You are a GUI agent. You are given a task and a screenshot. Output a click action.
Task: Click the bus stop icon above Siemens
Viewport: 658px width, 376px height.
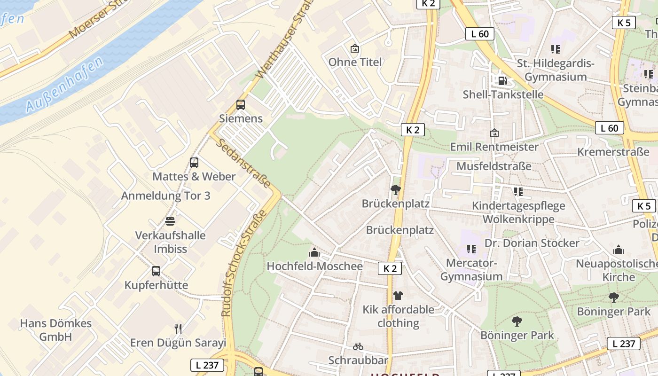[241, 105]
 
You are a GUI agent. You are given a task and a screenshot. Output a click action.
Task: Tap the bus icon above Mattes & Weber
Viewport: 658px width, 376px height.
[194, 163]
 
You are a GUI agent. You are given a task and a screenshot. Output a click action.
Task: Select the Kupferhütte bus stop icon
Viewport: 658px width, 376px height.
[156, 271]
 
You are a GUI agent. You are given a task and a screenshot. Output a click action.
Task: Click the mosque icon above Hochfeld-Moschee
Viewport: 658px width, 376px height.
[314, 253]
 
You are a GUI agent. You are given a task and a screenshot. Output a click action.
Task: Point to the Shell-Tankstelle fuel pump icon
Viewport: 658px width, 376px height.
[502, 80]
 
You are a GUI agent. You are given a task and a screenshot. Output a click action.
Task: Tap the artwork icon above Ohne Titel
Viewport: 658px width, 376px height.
[354, 48]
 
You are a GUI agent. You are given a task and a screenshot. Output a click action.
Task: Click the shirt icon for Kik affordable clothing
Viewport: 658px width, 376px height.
[398, 296]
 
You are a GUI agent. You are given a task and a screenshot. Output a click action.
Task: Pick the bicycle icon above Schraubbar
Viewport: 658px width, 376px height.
[358, 346]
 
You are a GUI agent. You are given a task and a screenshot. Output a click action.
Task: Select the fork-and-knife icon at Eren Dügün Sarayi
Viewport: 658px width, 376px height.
[178, 329]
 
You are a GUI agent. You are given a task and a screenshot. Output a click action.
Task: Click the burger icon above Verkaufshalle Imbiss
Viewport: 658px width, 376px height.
[170, 221]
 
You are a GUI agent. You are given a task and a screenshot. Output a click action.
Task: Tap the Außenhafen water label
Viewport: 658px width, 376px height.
[64, 85]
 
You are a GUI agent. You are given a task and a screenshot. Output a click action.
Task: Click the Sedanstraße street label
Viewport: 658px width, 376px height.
[244, 163]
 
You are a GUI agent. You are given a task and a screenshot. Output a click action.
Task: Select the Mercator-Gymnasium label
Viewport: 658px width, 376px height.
[471, 270]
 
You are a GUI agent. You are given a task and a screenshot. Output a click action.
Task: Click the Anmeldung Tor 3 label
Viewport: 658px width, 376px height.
[166, 196]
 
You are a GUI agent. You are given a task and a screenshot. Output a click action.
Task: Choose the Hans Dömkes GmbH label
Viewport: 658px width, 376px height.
[55, 330]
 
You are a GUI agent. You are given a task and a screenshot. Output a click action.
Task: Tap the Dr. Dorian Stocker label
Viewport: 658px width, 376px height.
[532, 243]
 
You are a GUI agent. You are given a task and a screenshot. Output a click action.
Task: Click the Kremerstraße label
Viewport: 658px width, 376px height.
[613, 152]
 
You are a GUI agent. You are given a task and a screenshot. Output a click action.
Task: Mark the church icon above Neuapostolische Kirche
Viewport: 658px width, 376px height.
[619, 250]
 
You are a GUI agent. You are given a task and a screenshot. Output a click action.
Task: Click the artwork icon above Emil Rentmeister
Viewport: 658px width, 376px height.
[494, 133]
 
